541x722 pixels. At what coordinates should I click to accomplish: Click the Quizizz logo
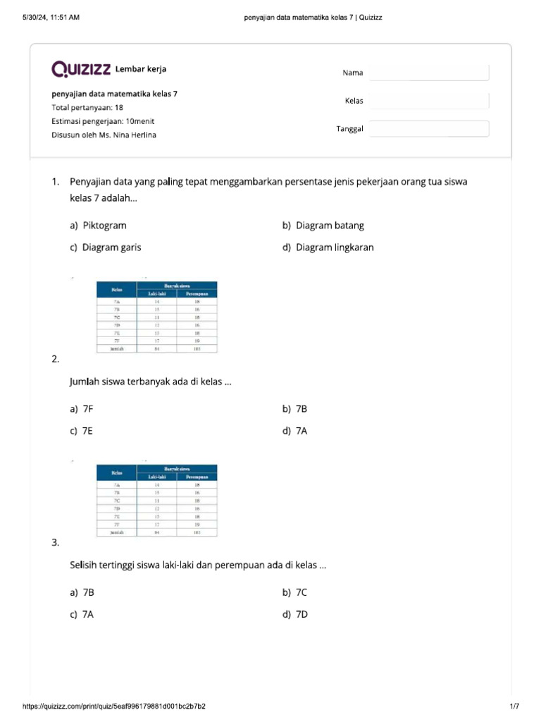(81, 69)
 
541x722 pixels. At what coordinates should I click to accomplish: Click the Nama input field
(429, 73)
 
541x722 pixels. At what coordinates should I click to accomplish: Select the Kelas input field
(429, 101)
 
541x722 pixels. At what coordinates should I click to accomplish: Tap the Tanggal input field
(429, 128)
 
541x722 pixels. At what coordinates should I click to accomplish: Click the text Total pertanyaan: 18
(87, 108)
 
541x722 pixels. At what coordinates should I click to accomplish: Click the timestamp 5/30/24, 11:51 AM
(51, 17)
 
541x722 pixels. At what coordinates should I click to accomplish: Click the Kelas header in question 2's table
(117, 290)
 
